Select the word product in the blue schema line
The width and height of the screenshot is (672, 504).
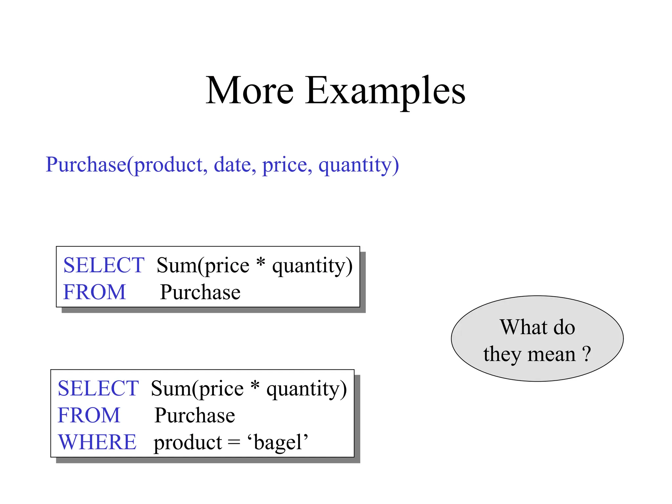(x=171, y=165)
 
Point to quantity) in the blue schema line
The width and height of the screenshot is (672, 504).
(x=359, y=165)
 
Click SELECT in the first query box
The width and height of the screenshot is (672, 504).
(x=104, y=265)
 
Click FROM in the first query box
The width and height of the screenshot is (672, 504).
(x=94, y=292)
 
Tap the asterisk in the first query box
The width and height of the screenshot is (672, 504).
(x=261, y=262)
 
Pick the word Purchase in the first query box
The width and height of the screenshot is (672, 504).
(x=200, y=292)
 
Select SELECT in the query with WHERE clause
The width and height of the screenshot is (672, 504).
(x=98, y=388)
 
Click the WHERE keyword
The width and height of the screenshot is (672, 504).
(x=97, y=442)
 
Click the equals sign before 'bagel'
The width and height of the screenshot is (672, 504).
(x=234, y=443)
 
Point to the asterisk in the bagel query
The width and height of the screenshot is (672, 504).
(x=255, y=386)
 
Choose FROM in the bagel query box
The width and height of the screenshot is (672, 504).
(x=89, y=415)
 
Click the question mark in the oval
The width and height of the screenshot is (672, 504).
(x=587, y=354)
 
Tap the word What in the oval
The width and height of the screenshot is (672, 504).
(x=524, y=327)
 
